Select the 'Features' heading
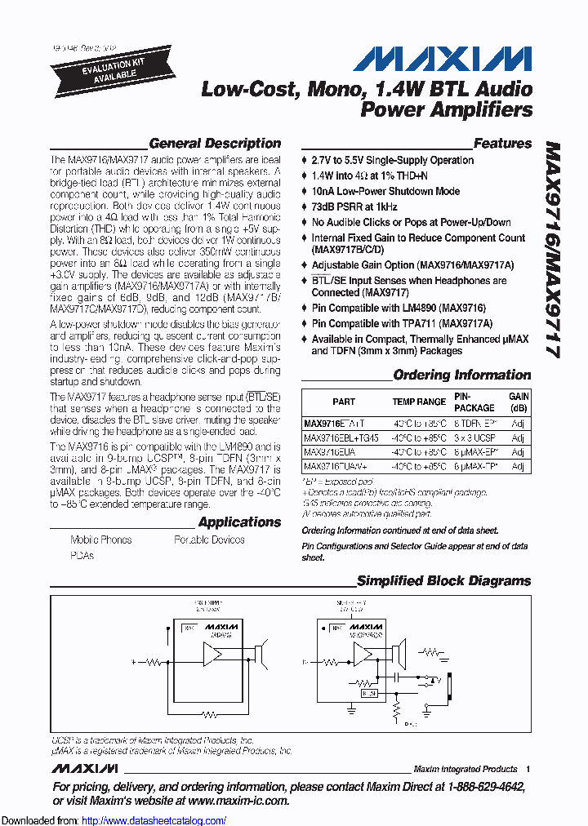click(x=502, y=144)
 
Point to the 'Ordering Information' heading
click(x=461, y=375)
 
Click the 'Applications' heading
click(x=239, y=522)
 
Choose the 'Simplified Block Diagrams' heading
click(x=443, y=581)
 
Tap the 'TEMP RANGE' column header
click(x=419, y=402)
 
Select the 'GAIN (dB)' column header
click(x=519, y=402)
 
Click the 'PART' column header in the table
click(x=344, y=402)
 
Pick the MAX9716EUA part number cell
click(x=328, y=452)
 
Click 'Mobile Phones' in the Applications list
click(x=100, y=540)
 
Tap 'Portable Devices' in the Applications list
click(x=210, y=540)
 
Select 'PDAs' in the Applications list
click(x=82, y=555)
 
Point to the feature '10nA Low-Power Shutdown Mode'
click(x=385, y=191)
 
